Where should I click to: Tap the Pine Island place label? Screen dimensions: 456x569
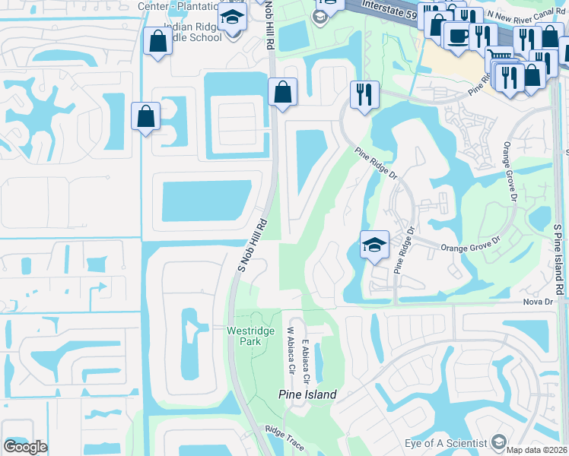click(307, 395)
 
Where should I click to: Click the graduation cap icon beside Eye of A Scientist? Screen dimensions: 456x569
click(499, 442)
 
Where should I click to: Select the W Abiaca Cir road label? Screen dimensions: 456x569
click(290, 350)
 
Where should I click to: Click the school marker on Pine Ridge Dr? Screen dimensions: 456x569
click(374, 245)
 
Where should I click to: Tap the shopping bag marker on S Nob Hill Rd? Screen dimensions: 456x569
click(282, 92)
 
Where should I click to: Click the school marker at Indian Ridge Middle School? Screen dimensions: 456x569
click(231, 17)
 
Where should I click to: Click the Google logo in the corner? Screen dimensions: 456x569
click(25, 447)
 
